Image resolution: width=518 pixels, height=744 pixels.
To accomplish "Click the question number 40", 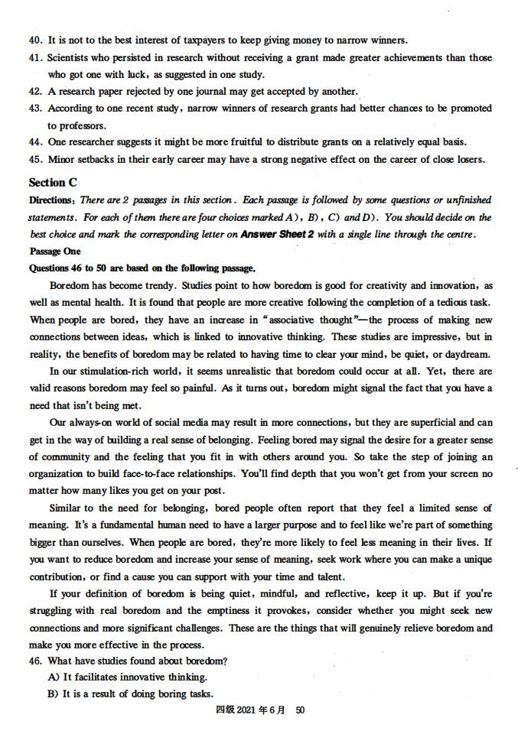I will click(36, 40).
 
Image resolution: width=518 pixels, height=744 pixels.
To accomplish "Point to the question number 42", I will click(36, 92).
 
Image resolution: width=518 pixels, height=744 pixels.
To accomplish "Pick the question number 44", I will click(36, 142).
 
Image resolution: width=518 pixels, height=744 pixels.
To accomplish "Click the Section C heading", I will click(53, 182).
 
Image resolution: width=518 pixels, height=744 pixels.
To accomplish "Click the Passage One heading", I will click(55, 252).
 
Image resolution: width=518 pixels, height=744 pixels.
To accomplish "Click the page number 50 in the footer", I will click(300, 710).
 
